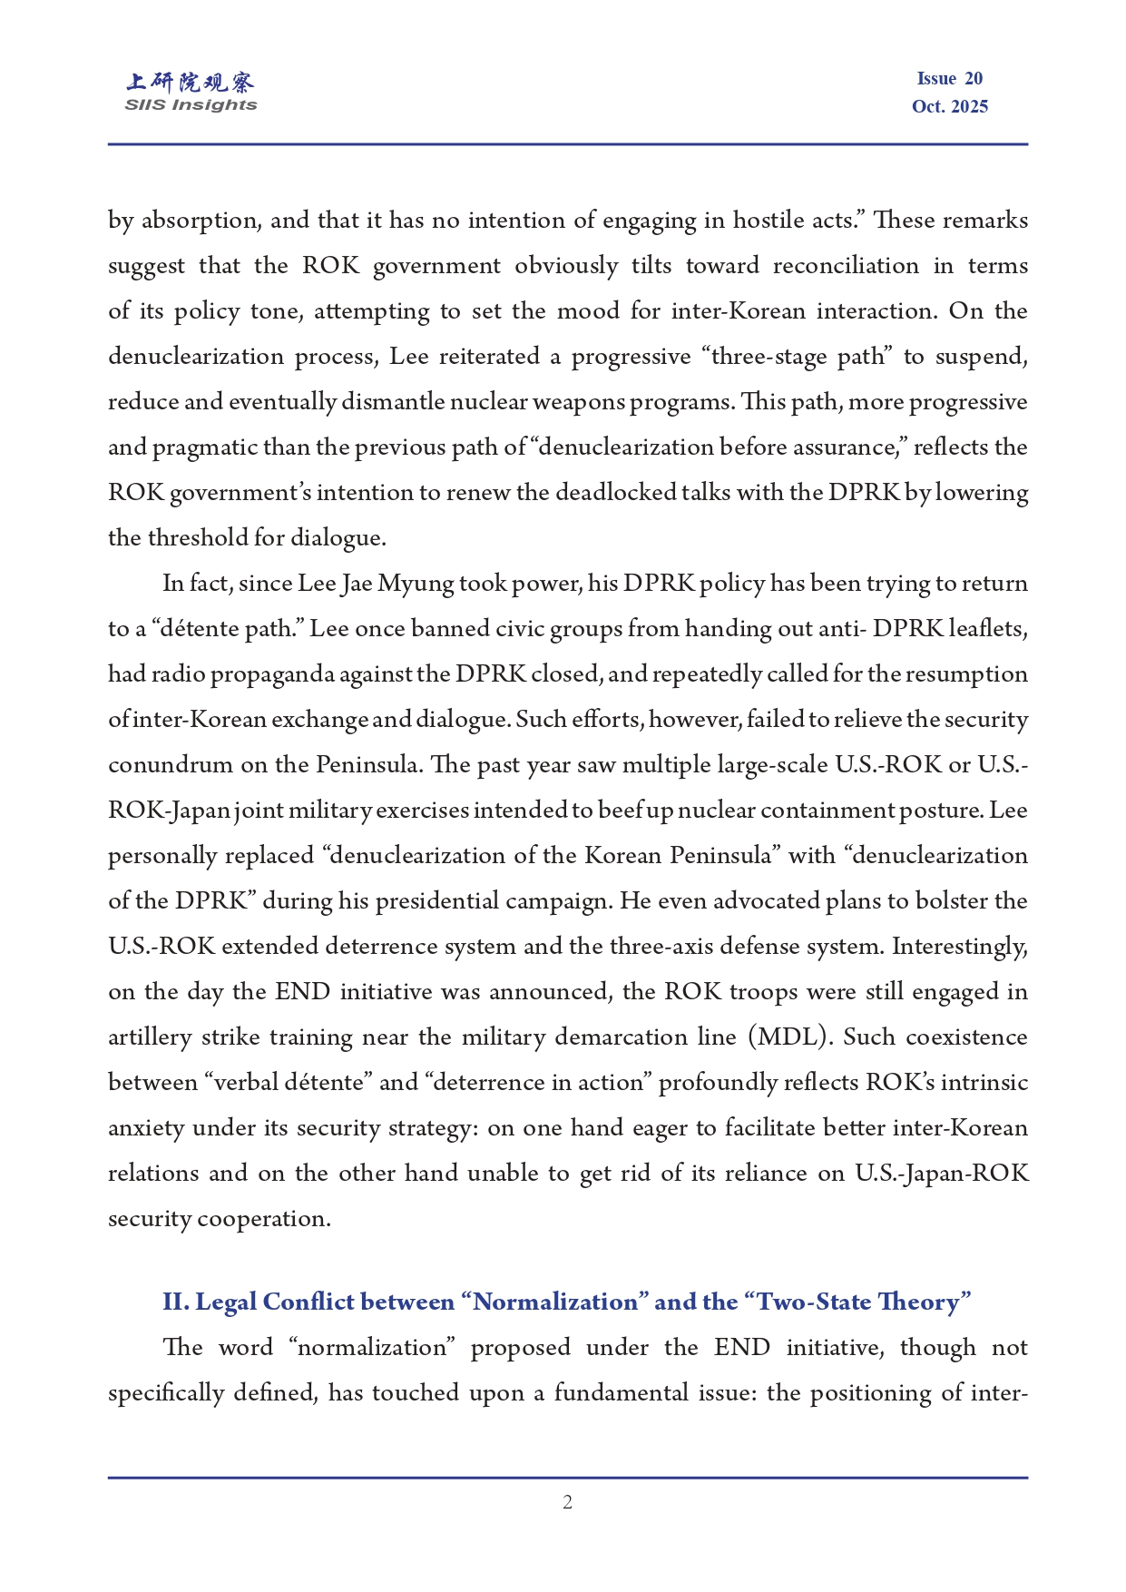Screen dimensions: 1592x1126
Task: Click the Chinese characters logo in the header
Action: pos(191,83)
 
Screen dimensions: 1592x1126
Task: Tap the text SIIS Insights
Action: pos(191,105)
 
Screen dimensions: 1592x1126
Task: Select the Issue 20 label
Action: pos(949,79)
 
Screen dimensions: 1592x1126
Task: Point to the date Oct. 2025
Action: pos(949,107)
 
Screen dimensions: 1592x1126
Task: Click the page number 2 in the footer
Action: pos(567,1502)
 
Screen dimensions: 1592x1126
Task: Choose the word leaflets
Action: pos(987,629)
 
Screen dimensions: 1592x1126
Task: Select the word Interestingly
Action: pos(960,947)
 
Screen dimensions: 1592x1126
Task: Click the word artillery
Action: pos(150,1037)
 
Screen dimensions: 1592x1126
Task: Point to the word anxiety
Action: pos(146,1128)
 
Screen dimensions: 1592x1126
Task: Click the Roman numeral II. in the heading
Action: pos(176,1302)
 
